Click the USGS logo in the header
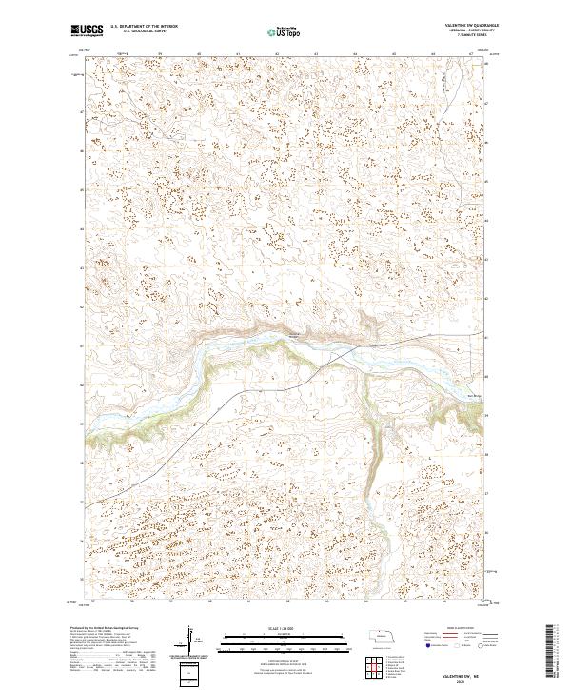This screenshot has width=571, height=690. (88, 30)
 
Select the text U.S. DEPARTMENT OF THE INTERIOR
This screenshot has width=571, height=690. (144, 27)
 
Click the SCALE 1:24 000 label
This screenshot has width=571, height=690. (285, 627)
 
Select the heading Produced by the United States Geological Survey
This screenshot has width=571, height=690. (106, 628)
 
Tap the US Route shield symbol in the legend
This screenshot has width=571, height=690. (456, 644)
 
